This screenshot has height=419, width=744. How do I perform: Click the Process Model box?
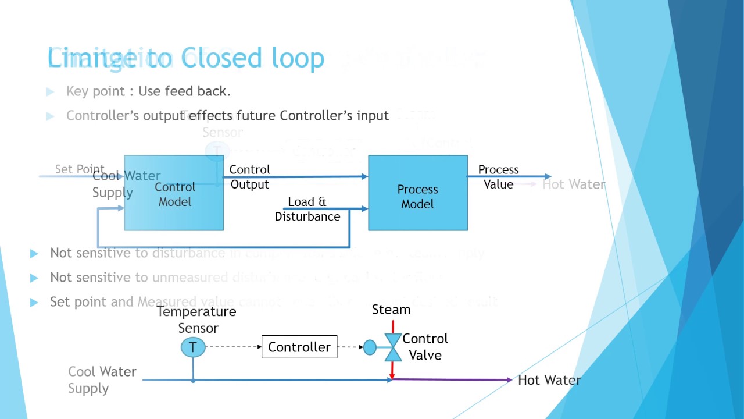click(417, 193)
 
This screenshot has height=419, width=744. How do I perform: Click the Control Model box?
click(174, 193)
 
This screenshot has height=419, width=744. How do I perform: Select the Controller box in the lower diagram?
click(299, 347)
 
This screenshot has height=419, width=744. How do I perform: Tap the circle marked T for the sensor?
click(193, 348)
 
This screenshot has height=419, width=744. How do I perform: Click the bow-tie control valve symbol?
click(394, 347)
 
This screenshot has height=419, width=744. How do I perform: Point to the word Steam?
click(391, 310)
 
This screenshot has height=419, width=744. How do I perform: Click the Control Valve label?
click(425, 347)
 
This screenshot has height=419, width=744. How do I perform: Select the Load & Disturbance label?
click(307, 209)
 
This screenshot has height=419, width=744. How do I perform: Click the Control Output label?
click(249, 177)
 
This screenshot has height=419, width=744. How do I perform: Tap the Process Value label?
click(498, 177)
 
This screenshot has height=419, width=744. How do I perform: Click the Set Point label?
click(79, 169)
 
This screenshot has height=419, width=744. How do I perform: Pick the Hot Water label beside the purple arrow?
click(549, 380)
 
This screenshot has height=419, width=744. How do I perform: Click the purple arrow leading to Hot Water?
click(453, 380)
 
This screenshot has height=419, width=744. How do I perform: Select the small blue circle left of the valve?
click(370, 347)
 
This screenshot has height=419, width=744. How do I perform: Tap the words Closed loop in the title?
click(253, 58)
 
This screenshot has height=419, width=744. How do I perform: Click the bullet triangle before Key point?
click(51, 91)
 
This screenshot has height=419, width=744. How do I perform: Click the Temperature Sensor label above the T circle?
click(196, 319)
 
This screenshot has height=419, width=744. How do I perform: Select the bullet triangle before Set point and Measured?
click(34, 302)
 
